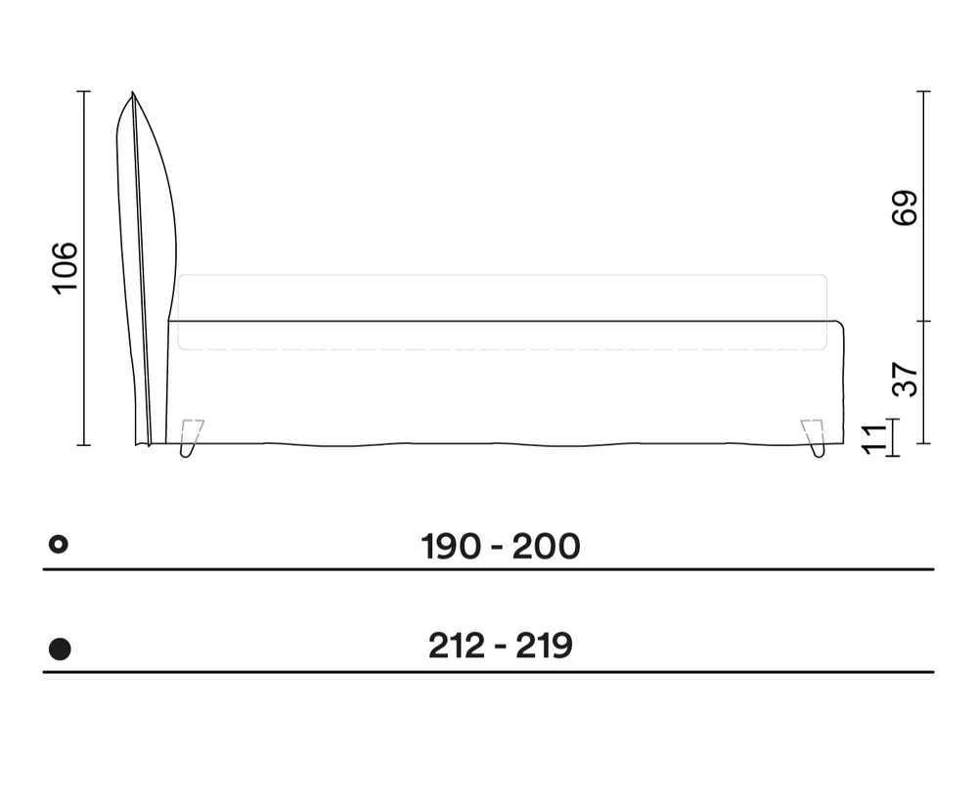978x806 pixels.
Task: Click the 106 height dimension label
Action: (65, 268)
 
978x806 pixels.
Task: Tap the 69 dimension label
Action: (905, 207)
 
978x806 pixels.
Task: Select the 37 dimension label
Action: (905, 380)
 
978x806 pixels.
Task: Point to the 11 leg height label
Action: (873, 439)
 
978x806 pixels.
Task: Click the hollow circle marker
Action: (59, 544)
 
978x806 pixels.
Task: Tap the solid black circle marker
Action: (60, 649)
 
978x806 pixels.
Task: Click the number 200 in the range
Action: (547, 547)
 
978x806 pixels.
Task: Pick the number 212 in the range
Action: (457, 646)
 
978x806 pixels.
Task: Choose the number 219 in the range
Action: (544, 646)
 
